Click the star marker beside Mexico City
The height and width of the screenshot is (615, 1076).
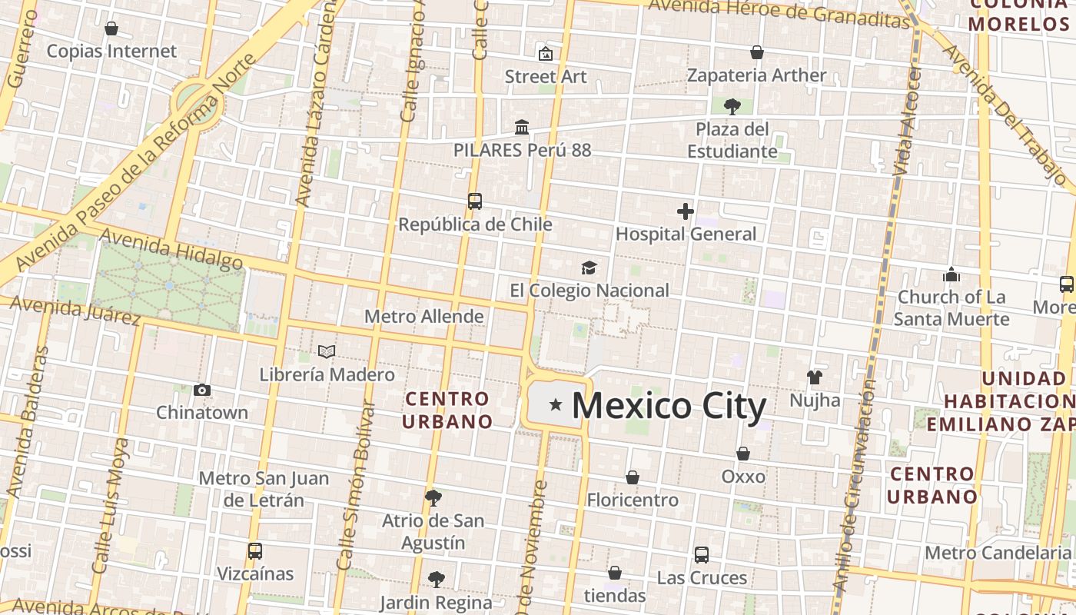555,404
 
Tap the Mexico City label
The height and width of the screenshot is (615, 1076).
669,406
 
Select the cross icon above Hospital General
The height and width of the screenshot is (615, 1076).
686,211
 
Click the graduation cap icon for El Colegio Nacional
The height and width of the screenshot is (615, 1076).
589,268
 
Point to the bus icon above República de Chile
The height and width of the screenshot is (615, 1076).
475,201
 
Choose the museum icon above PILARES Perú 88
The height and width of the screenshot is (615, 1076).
522,127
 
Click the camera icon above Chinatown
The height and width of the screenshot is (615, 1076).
202,390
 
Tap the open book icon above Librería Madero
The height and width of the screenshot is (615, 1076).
327,352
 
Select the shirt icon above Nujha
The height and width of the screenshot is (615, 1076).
815,377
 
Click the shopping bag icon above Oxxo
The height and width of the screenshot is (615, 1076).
743,454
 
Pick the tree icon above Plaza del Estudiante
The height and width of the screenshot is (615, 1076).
732,106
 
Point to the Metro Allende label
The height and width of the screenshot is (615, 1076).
423,316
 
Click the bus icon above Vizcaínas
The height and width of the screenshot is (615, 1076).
255,551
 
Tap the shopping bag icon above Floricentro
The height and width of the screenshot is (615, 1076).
632,477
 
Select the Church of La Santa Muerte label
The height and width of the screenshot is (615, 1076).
951,307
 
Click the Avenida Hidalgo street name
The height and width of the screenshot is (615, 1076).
171,249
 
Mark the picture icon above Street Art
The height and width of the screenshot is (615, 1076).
546,54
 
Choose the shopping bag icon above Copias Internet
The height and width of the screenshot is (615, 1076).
111,28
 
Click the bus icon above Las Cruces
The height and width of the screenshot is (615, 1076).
701,555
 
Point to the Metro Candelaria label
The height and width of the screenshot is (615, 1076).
997,553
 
